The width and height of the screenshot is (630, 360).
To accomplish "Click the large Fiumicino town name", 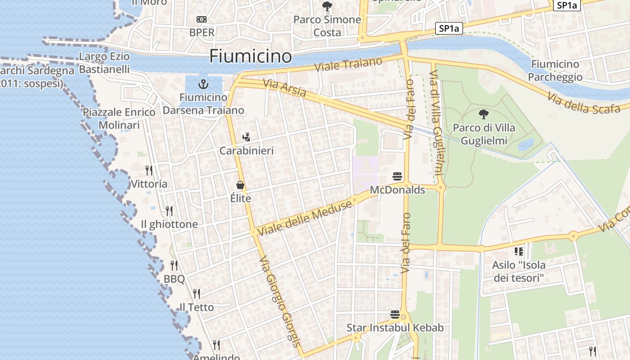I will pyautogui.click(x=251, y=56).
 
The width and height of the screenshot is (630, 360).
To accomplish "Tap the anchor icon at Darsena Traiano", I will pyautogui.click(x=203, y=84).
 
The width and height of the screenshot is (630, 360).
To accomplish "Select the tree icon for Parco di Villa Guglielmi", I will pyautogui.click(x=484, y=114).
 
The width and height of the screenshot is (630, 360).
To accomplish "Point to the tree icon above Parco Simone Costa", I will pyautogui.click(x=327, y=6).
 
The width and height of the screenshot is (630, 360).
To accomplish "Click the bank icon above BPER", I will pyautogui.click(x=202, y=19).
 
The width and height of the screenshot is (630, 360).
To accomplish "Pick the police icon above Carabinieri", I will pyautogui.click(x=246, y=137).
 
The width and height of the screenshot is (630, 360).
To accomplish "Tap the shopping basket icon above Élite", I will pyautogui.click(x=240, y=185).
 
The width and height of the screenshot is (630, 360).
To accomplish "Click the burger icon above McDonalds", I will pyautogui.click(x=397, y=176).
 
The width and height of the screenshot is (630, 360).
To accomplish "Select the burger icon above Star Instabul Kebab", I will pyautogui.click(x=395, y=314).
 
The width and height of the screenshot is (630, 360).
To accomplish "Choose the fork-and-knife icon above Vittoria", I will pyautogui.click(x=149, y=171).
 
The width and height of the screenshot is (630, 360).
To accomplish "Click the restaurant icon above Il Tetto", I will pyautogui.click(x=197, y=294).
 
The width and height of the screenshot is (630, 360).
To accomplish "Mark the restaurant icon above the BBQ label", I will pyautogui.click(x=174, y=265).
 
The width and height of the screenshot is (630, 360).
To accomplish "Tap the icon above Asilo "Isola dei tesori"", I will pyautogui.click(x=518, y=251).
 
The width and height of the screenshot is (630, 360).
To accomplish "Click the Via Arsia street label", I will pyautogui.click(x=284, y=88).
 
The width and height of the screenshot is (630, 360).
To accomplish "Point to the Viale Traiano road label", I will pyautogui.click(x=348, y=64).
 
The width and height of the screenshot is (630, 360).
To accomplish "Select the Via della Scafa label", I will pyautogui.click(x=584, y=103).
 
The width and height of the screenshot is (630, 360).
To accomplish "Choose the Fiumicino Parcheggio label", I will pyautogui.click(x=555, y=71).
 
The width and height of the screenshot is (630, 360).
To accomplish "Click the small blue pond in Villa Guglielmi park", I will pyautogui.click(x=526, y=144).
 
